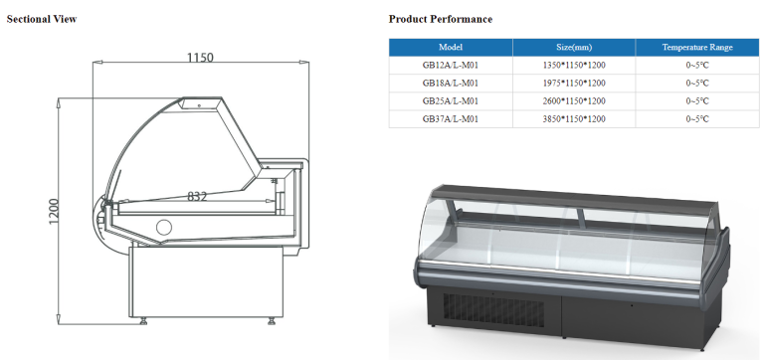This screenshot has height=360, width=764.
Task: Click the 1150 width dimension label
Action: pos(200,58)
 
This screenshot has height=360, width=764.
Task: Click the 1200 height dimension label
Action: pos(54,212)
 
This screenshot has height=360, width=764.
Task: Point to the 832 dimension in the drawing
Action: pos(197,196)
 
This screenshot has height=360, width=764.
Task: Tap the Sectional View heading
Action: pos(42,19)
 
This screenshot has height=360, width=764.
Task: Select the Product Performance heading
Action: pos(441,19)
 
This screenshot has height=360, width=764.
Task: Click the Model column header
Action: pos(451,48)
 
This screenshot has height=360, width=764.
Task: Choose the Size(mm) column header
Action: pos(574,48)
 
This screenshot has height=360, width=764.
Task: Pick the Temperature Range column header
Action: pos(697,48)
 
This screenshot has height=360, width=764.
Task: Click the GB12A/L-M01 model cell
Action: pos(451,66)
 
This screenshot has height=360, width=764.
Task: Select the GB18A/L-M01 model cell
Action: pos(451,84)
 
